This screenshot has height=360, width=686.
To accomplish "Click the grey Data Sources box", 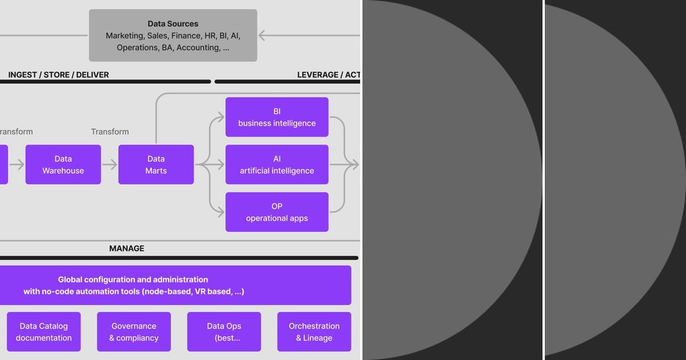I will pyautogui.click(x=173, y=35).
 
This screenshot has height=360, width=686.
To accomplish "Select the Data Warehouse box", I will pyautogui.click(x=63, y=165).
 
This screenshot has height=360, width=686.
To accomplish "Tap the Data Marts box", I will pyautogui.click(x=156, y=165).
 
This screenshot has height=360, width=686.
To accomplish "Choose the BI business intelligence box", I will pyautogui.click(x=277, y=117).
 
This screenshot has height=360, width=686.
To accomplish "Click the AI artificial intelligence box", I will pyautogui.click(x=277, y=165).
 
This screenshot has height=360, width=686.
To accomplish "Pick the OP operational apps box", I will pyautogui.click(x=277, y=212).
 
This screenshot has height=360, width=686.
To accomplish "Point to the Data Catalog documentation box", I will pyautogui.click(x=43, y=331).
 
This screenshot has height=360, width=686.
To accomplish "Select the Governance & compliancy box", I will pyautogui.click(x=134, y=331).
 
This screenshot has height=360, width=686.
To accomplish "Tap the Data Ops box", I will pyautogui.click(x=224, y=331).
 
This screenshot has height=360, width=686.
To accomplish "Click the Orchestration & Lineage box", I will pyautogui.click(x=314, y=331).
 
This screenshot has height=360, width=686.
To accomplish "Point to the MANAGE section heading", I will pyautogui.click(x=126, y=249).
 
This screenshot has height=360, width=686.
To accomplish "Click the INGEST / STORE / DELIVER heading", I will pyautogui.click(x=58, y=75).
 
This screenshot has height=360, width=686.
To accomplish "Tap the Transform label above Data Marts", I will pyautogui.click(x=110, y=131).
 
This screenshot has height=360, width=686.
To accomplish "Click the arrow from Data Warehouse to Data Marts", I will pyautogui.click(x=110, y=165).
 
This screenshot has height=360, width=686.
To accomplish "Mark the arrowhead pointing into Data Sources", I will pyautogui.click(x=262, y=35).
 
